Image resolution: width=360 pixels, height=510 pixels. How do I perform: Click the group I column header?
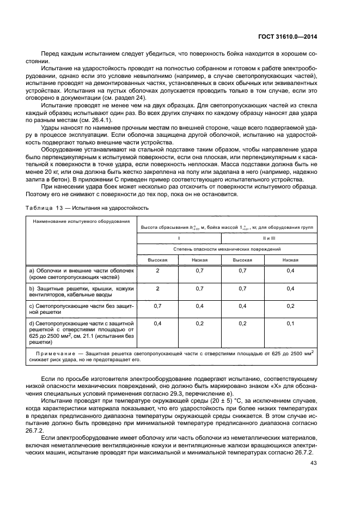[x=179, y=238]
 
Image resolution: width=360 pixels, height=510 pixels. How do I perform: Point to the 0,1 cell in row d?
[x=290, y=324]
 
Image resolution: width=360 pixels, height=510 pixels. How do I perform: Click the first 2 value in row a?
[x=157, y=271]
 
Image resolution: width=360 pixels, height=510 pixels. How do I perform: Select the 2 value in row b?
[x=157, y=288]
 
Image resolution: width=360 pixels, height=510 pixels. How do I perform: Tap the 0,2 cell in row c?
[x=290, y=306]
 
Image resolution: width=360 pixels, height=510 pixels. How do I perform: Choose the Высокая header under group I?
[x=157, y=260]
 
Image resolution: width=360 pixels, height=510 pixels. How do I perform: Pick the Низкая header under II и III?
[x=290, y=260]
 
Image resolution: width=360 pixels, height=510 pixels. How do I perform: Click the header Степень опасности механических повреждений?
[x=227, y=248]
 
